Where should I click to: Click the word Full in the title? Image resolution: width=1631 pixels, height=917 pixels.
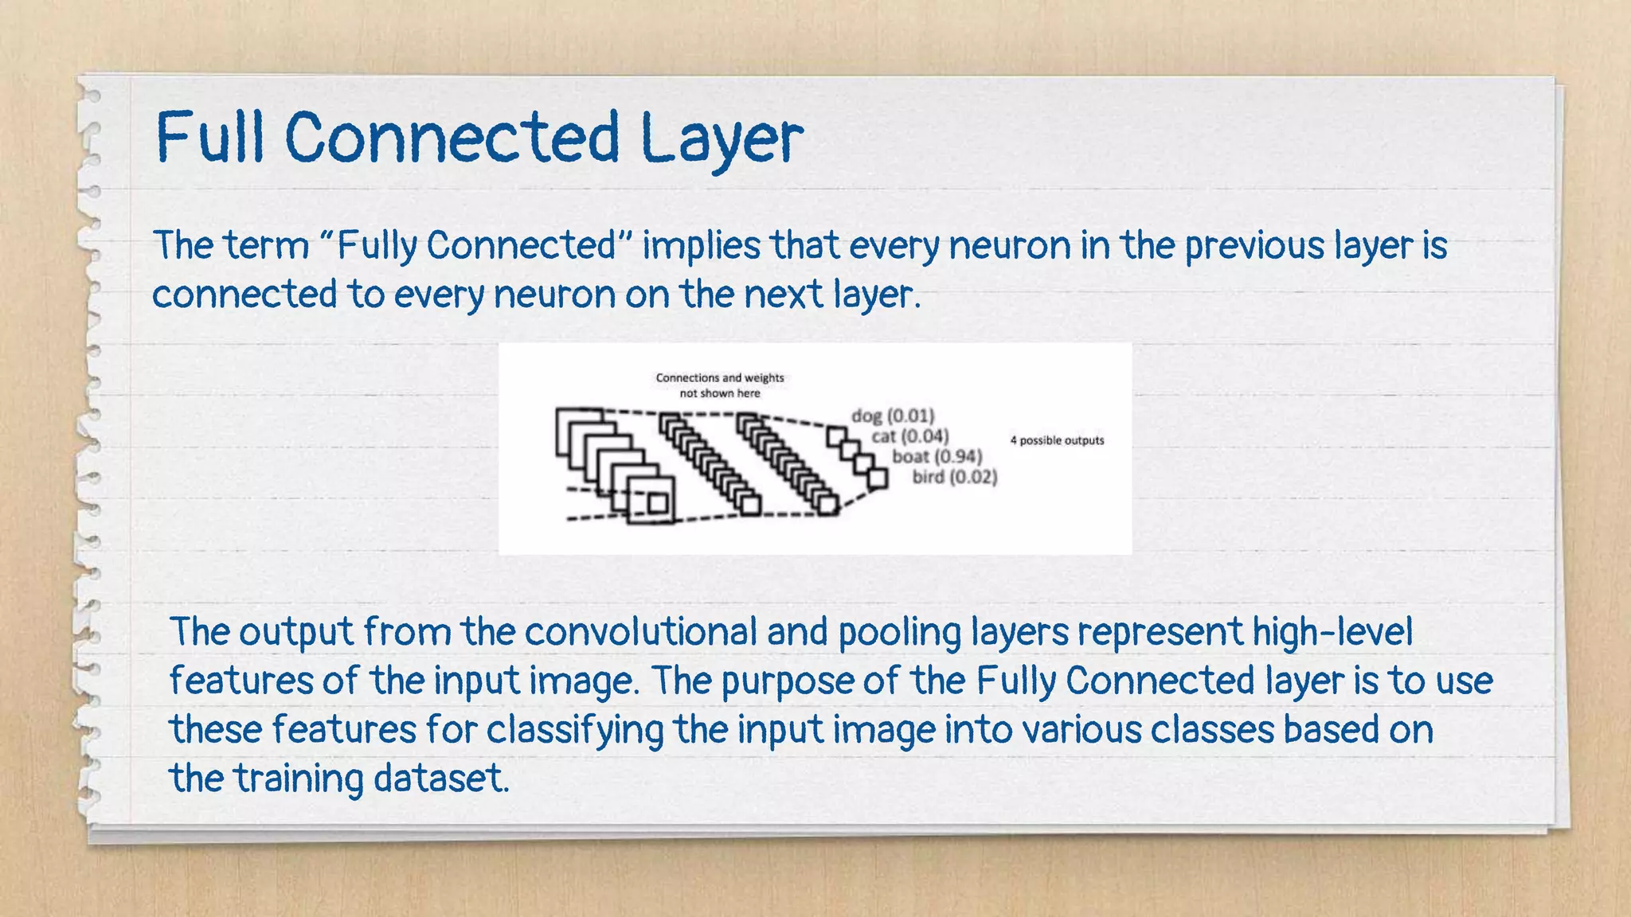coord(209,137)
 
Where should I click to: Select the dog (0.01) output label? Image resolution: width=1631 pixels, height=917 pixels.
coord(893,416)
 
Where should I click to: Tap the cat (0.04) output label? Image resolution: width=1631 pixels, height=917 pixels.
coord(909,436)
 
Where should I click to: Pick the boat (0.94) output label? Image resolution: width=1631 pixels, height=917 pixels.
coord(937,456)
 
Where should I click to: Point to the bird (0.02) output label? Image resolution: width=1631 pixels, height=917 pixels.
coord(954,477)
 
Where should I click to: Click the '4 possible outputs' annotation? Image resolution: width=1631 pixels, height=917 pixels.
coord(1057,440)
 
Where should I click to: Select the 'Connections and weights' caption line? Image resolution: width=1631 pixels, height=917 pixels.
coord(720,378)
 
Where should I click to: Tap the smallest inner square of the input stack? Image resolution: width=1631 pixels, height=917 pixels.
coord(657,503)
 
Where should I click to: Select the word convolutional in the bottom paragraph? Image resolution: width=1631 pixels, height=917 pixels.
coord(640,632)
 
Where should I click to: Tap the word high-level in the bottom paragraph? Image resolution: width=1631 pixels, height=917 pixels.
coord(1332,632)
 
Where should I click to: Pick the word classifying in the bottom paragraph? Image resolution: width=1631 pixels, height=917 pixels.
coord(575,730)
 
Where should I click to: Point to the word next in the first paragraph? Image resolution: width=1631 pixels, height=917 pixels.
coord(783,295)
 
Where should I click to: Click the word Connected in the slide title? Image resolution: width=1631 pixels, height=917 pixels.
coord(452,137)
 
